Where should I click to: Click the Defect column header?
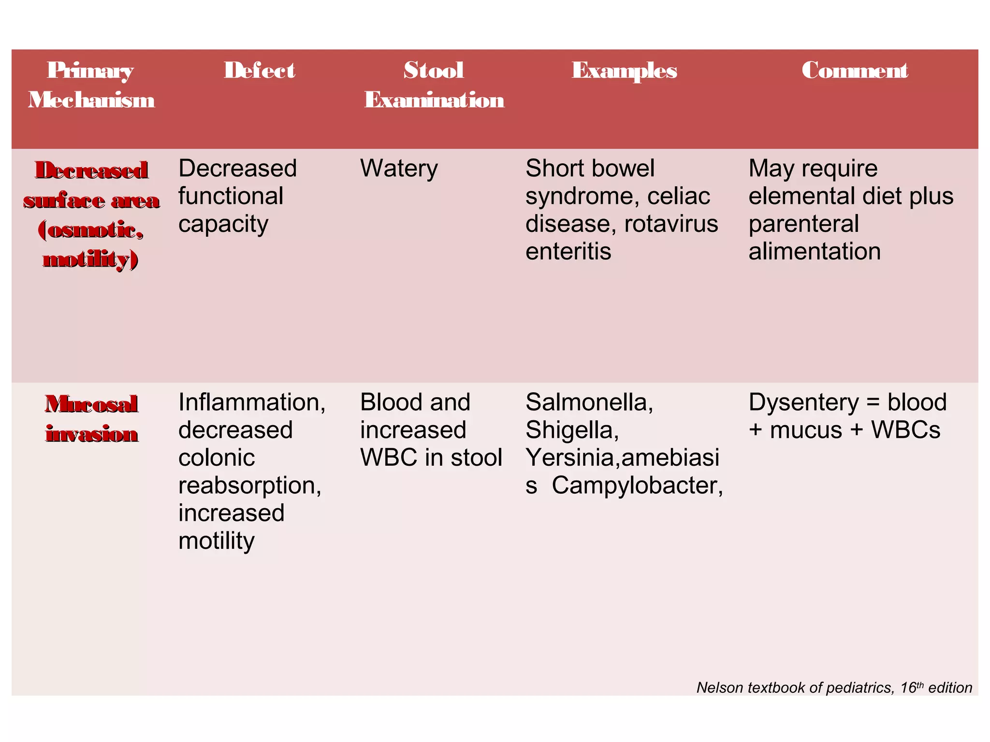[x=259, y=71]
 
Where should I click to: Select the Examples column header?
[x=624, y=71]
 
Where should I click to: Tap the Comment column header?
[x=855, y=71]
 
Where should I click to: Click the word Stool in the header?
[x=434, y=71]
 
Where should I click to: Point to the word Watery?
[x=399, y=169]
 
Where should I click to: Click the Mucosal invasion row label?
[x=92, y=418]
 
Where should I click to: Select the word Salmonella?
[x=589, y=402]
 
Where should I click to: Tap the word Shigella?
[x=572, y=430]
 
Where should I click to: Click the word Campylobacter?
[x=637, y=485]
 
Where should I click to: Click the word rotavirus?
[x=671, y=224]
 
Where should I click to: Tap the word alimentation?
[x=815, y=252]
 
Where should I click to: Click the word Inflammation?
[x=251, y=402]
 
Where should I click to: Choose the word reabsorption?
[x=249, y=485]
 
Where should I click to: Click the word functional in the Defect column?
[x=231, y=197]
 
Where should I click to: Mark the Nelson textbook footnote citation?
[x=834, y=687]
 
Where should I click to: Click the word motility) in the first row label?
[x=91, y=259]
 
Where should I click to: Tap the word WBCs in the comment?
[x=905, y=430]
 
